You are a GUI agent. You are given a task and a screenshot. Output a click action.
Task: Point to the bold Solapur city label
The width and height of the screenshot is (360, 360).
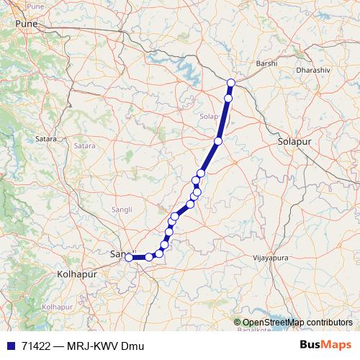pos(294,143)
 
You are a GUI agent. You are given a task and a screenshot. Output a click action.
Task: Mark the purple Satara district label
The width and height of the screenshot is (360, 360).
pos(84,146)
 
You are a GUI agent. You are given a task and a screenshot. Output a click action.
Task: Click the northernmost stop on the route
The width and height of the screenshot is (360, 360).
pos(231,83)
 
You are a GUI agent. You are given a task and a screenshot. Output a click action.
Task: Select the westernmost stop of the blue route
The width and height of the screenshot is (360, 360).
pos(129,257)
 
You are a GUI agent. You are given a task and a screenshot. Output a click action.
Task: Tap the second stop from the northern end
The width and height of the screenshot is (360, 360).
pos(228,98)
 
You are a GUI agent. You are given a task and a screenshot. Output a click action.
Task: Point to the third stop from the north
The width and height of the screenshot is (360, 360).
pos(217,141)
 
